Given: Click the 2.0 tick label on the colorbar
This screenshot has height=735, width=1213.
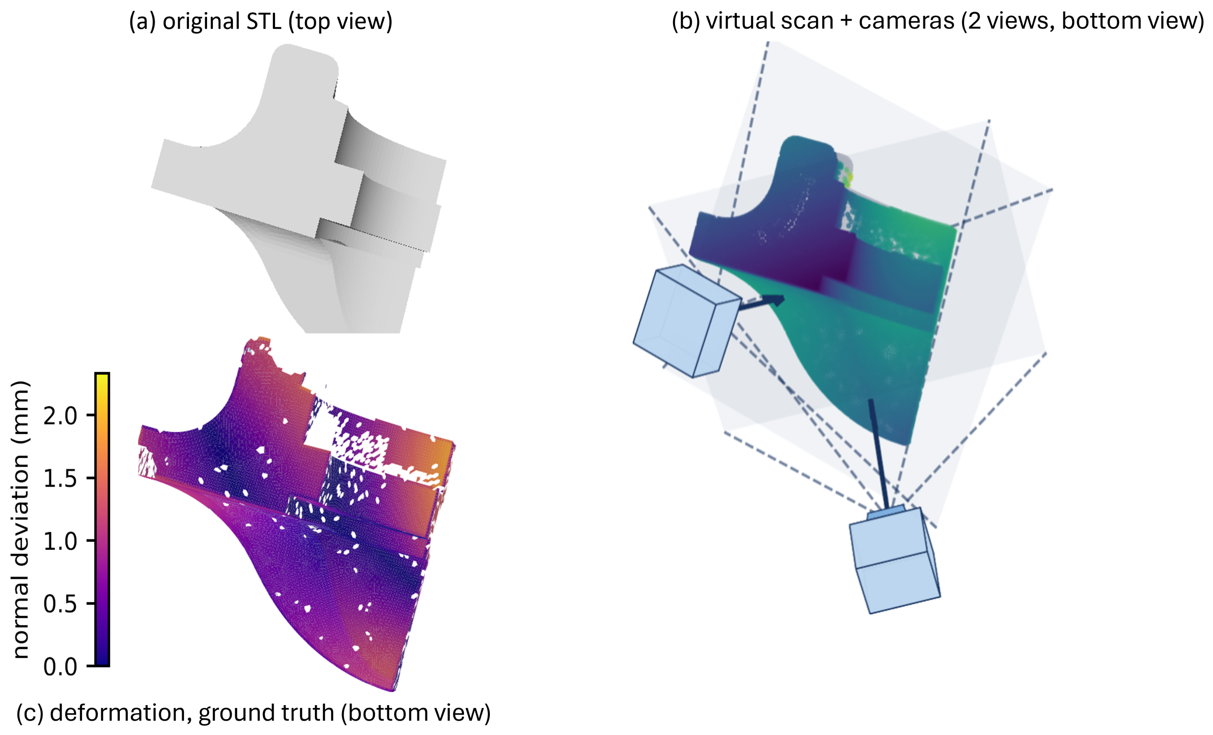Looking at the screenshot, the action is (60, 416).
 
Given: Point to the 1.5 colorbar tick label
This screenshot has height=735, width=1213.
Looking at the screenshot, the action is (60, 478).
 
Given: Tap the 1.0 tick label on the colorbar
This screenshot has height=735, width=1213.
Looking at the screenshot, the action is (60, 541).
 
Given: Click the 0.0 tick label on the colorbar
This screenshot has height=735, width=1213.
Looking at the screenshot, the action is (60, 667).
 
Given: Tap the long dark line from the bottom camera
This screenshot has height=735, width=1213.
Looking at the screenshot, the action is (879, 454).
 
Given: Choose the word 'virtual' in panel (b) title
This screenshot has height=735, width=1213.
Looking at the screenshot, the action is (735, 21).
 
